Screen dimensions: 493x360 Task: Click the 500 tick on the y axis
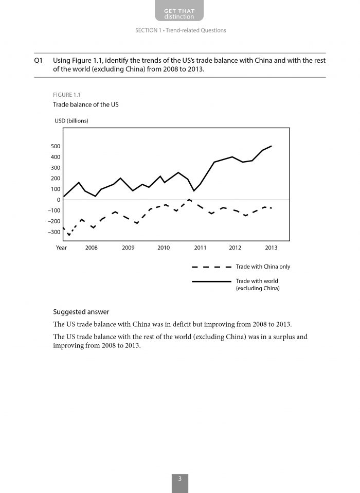tap(55, 147)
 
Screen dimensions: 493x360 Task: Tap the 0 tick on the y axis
tap(58, 200)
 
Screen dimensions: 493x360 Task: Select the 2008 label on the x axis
tap(92, 248)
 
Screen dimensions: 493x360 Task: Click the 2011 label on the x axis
tap(200, 248)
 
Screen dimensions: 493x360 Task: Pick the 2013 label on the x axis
tap(271, 248)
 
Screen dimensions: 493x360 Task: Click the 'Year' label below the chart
tap(61, 248)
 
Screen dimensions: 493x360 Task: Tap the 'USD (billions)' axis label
tap(71, 121)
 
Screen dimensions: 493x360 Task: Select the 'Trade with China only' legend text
tap(263, 267)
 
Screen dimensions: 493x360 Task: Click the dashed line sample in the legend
tap(211, 267)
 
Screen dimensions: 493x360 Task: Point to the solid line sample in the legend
tap(211, 281)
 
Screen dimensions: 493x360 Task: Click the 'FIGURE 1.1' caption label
tap(67, 95)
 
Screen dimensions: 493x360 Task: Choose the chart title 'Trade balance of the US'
tap(82, 104)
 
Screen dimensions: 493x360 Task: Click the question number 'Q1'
tap(38, 60)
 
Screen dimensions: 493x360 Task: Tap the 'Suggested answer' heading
tap(81, 312)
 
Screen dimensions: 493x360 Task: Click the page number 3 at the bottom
tap(180, 479)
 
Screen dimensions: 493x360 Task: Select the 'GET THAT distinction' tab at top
tap(179, 13)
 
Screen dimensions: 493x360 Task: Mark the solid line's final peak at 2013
tap(272, 146)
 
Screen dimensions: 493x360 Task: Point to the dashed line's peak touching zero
tap(189, 199)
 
